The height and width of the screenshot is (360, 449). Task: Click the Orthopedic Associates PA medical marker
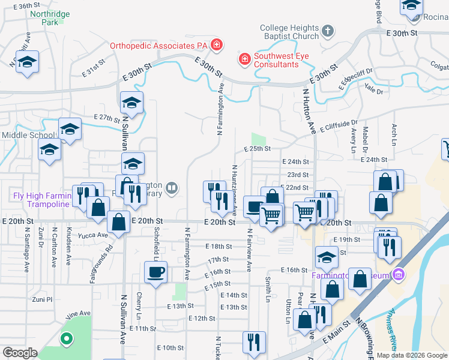(216, 45)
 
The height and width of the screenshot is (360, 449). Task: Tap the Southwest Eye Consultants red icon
(245, 59)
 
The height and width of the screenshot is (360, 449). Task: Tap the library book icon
(172, 189)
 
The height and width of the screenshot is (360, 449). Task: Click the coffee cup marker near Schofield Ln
(156, 273)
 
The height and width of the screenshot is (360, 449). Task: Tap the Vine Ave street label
(77, 313)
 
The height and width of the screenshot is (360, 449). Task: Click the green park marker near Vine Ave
(65, 338)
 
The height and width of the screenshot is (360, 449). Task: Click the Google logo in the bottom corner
(20, 353)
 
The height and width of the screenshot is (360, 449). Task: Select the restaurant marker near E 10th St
(254, 342)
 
